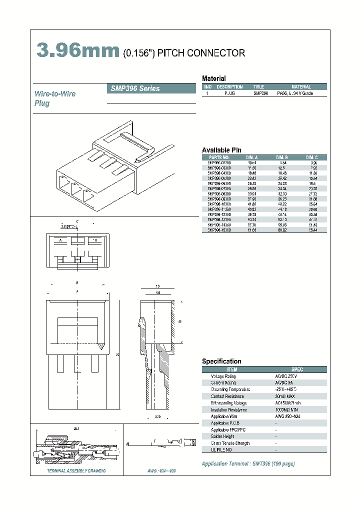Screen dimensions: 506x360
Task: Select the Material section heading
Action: [x=213, y=78]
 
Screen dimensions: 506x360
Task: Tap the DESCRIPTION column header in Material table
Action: [x=229, y=87]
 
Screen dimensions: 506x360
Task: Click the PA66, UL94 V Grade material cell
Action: [x=294, y=93]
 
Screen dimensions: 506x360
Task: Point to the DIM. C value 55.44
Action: [x=312, y=229]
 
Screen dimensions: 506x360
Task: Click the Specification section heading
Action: [x=221, y=361]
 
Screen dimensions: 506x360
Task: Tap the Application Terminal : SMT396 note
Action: [x=248, y=463]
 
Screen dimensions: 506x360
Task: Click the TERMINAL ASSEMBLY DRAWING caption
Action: [x=76, y=471]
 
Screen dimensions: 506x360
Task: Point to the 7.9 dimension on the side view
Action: [x=157, y=286]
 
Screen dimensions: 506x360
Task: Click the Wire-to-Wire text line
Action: [x=55, y=94]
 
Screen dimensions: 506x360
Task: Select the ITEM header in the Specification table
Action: [x=232, y=369]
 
